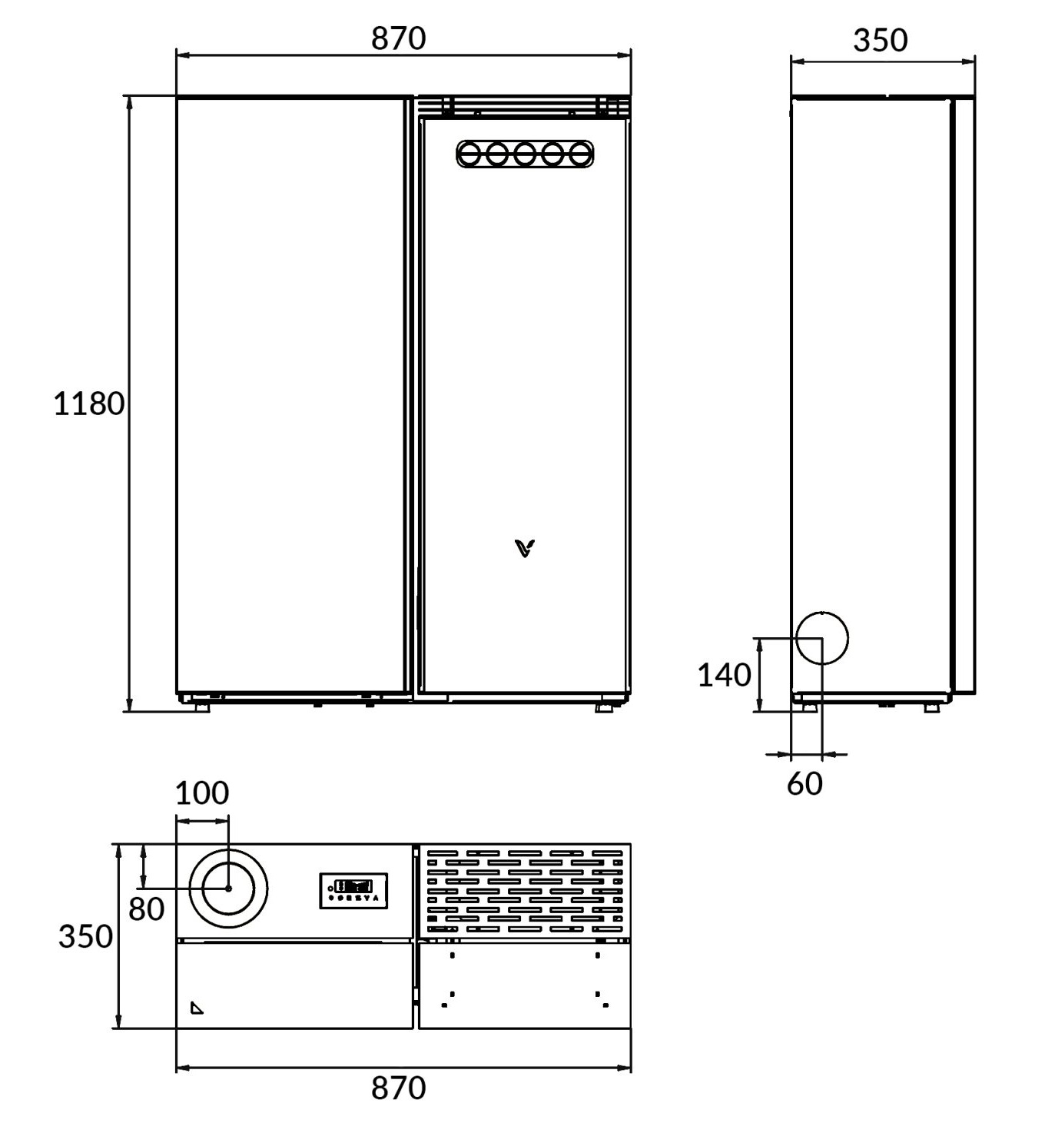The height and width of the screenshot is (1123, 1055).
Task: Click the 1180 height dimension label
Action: click(x=88, y=404)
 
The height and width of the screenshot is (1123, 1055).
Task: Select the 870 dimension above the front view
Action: click(x=398, y=38)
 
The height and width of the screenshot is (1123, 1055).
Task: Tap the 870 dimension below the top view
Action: click(x=398, y=1088)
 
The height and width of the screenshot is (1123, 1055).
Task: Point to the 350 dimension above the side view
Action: click(x=880, y=40)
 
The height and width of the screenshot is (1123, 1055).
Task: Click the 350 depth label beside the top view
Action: click(x=85, y=936)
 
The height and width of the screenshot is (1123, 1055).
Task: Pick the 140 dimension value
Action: click(x=724, y=675)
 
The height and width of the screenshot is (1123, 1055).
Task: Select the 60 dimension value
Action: click(x=805, y=783)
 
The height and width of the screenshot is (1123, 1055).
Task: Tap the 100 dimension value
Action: click(x=202, y=793)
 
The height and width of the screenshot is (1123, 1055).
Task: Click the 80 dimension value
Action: click(x=146, y=909)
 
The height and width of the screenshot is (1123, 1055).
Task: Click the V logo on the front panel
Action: click(x=525, y=548)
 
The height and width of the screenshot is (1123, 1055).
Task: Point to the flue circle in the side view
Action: click(x=821, y=638)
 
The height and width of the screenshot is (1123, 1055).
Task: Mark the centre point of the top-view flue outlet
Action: click(x=228, y=889)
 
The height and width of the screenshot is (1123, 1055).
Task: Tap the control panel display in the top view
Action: click(x=353, y=891)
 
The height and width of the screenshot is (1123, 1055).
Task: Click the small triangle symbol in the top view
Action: click(x=197, y=1008)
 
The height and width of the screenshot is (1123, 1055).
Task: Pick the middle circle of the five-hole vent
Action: click(x=525, y=154)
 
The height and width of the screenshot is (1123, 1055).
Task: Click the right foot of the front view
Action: click(x=604, y=706)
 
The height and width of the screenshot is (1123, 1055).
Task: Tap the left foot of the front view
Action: click(x=201, y=706)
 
